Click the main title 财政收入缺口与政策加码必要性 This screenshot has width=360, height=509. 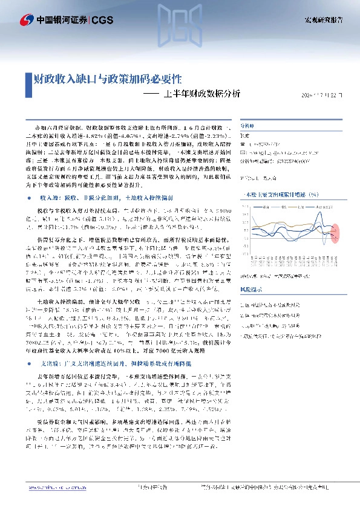pyautogui.click(x=105, y=79)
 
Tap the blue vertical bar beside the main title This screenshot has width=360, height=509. pyautogui.click(x=26, y=79)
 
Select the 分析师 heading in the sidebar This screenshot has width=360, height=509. pyautogui.click(x=249, y=127)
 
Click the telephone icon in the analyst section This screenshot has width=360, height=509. pyautogui.click(x=245, y=145)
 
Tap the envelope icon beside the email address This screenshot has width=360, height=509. pyautogui.click(x=245, y=154)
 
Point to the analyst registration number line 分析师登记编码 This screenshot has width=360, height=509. pyautogui.click(x=275, y=162)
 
